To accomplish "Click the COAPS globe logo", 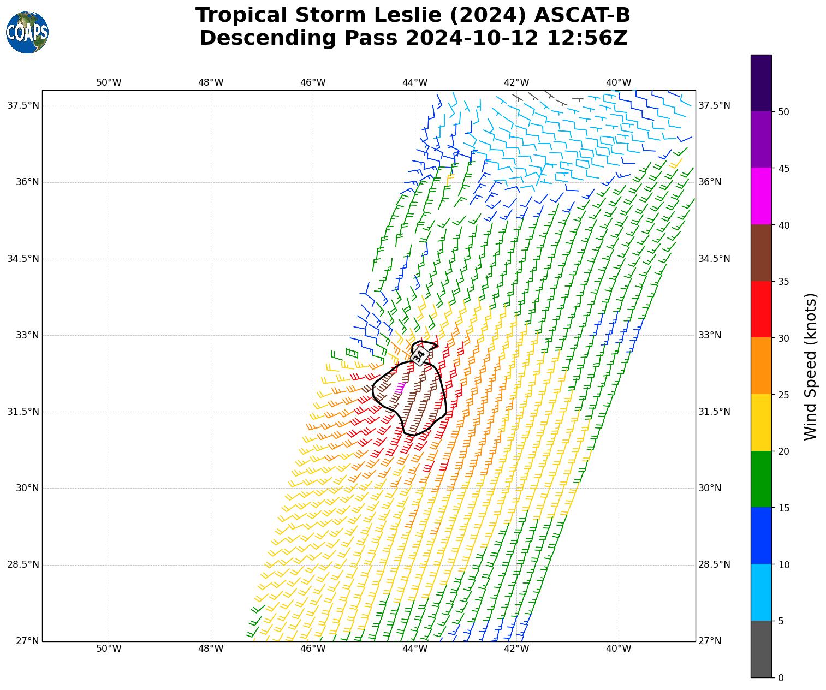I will [x=27, y=32].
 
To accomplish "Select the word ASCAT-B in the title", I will [x=582, y=15].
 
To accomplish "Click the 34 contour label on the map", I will [x=419, y=356].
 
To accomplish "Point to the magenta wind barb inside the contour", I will [x=400, y=387].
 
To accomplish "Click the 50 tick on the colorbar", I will [x=783, y=112].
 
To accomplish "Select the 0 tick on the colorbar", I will [x=781, y=678].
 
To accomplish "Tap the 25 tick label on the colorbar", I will [x=783, y=395].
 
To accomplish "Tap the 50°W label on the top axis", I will [x=109, y=82].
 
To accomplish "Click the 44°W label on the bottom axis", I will [x=415, y=649].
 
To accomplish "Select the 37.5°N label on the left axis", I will [x=23, y=105].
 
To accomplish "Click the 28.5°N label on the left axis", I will [x=23, y=564].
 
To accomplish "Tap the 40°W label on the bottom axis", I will [x=619, y=649].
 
